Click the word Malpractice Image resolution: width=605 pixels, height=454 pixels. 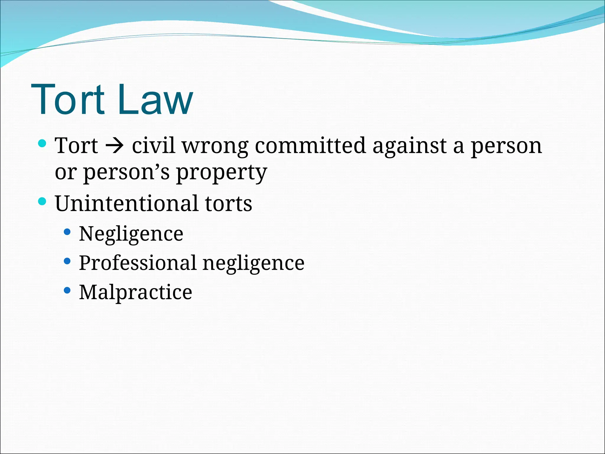(136, 292)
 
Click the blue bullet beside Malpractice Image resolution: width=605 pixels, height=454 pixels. (67, 290)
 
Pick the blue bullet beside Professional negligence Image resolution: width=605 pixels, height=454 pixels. (67, 261)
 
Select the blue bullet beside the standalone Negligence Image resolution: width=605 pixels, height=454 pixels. (67, 232)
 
